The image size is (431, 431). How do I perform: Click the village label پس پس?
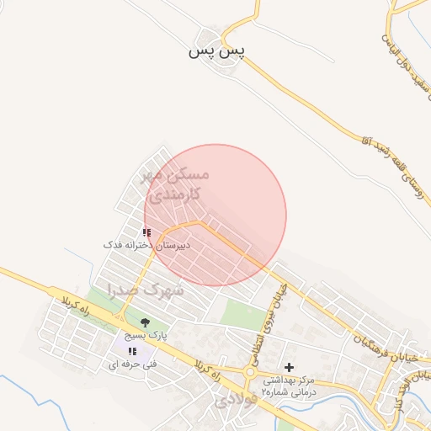click(216, 52)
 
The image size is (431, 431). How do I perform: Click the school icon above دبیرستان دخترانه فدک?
click(146, 232)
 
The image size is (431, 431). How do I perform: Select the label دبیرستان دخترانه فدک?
click(147, 244)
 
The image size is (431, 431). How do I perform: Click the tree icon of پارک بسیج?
click(145, 322)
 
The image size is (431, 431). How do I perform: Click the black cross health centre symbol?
click(290, 367)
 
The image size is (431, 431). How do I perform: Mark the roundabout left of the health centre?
click(249, 372)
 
